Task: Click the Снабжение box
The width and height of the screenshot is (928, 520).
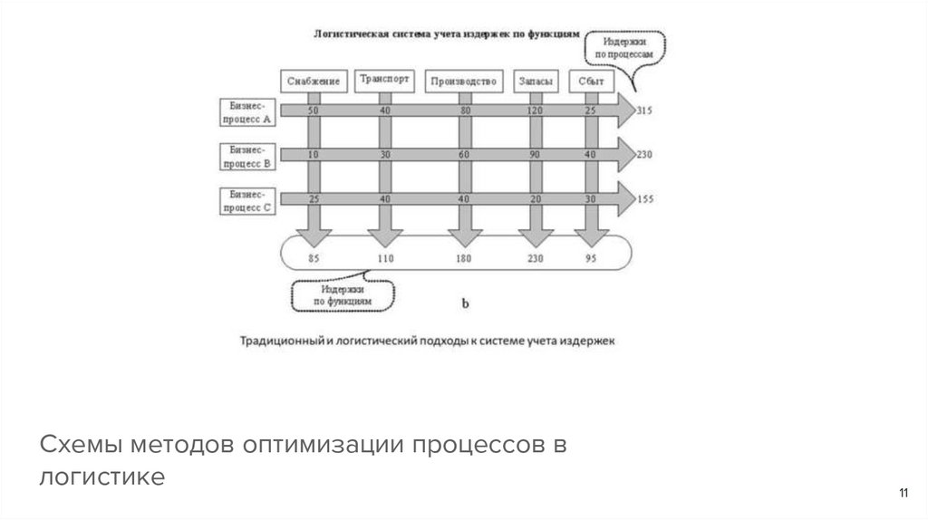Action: [x=314, y=82]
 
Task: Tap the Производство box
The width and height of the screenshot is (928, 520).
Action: [x=464, y=82]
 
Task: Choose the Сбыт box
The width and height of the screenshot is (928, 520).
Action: [x=591, y=82]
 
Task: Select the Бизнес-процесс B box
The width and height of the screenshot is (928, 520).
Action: [x=247, y=156]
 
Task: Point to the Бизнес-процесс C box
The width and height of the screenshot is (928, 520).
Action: [x=247, y=199]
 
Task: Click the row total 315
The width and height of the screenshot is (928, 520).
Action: [x=645, y=111]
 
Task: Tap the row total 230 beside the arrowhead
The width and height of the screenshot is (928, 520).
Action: [x=645, y=154]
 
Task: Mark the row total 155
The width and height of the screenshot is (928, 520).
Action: [x=645, y=198]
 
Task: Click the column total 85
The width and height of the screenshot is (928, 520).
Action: [x=314, y=258]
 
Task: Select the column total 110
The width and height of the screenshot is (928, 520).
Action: [x=385, y=258]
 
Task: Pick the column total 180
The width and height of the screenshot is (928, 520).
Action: [x=464, y=258]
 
